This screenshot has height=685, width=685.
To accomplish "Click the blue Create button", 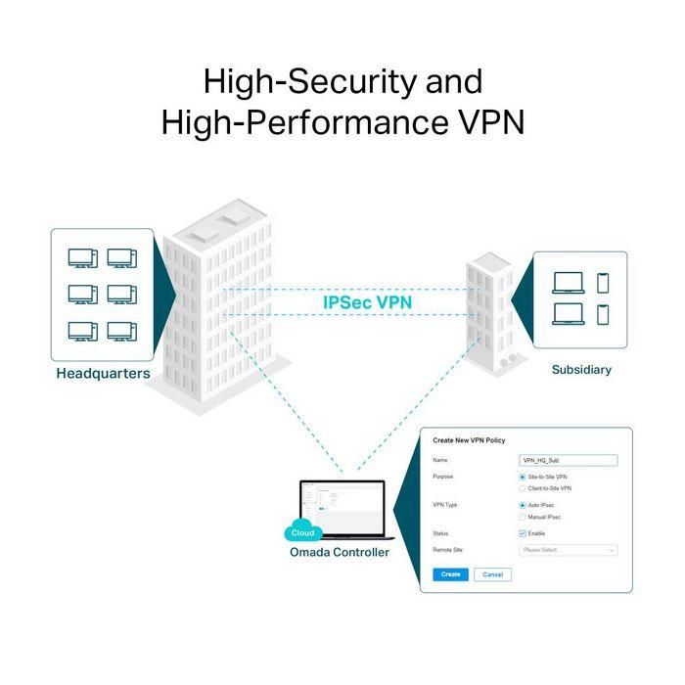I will tap(450, 574).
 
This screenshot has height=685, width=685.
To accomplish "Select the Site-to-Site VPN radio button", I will tap(523, 477).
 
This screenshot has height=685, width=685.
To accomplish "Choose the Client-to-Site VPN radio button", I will tap(523, 487).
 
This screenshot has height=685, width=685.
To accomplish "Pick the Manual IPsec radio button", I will tap(523, 517).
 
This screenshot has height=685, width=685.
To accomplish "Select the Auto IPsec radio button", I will tap(523, 505).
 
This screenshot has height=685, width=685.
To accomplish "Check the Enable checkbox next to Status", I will tap(523, 533).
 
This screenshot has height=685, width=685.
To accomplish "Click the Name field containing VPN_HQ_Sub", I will tap(568, 460).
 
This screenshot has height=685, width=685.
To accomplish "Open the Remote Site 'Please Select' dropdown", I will tap(568, 550).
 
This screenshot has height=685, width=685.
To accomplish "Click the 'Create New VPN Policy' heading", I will tap(476, 441).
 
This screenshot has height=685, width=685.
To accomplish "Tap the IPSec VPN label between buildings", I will tap(367, 302).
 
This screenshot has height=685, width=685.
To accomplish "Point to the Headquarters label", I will tap(103, 374).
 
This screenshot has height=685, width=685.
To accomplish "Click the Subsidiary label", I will tap(581, 370).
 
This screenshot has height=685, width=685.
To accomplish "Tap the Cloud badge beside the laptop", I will tap(302, 533).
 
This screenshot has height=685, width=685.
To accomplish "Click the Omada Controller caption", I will tap(340, 553).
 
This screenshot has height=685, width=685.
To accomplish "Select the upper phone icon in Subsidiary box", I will tap(603, 282).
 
